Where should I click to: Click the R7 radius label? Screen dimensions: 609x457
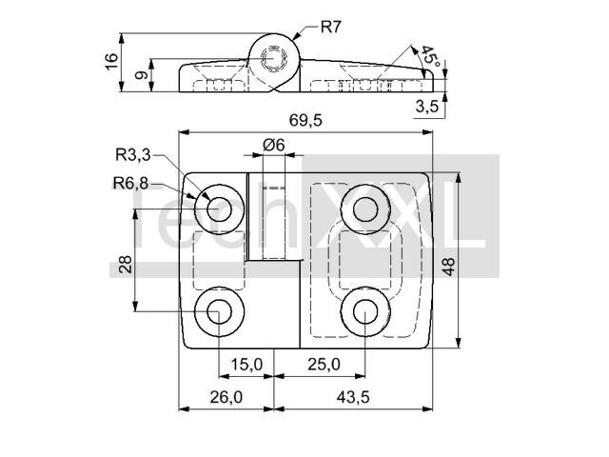(x=330, y=28)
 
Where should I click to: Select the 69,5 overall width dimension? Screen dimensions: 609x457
(x=305, y=121)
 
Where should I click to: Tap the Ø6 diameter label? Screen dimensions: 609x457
(x=273, y=145)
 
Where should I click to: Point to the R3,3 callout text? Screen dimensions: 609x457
(x=133, y=155)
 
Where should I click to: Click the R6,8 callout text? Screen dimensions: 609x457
(x=130, y=183)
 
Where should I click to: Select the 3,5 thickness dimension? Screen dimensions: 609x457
(x=427, y=106)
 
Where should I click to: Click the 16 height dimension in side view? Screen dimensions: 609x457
(x=111, y=62)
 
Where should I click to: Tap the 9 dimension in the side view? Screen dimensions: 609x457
(x=142, y=74)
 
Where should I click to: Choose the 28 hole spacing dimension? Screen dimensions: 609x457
(x=126, y=265)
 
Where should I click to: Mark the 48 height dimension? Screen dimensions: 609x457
(x=448, y=267)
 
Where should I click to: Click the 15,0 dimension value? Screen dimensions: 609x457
(x=246, y=365)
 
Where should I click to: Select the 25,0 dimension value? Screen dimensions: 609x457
(x=324, y=365)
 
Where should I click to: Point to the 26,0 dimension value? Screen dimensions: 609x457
(x=226, y=397)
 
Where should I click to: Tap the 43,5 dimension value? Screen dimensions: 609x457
(x=353, y=397)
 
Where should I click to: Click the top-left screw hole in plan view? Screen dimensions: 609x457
(x=220, y=209)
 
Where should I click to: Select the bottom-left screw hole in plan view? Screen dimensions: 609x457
(x=220, y=311)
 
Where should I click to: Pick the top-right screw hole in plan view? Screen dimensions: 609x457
(x=365, y=209)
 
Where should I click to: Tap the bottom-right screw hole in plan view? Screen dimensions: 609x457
(x=365, y=311)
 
